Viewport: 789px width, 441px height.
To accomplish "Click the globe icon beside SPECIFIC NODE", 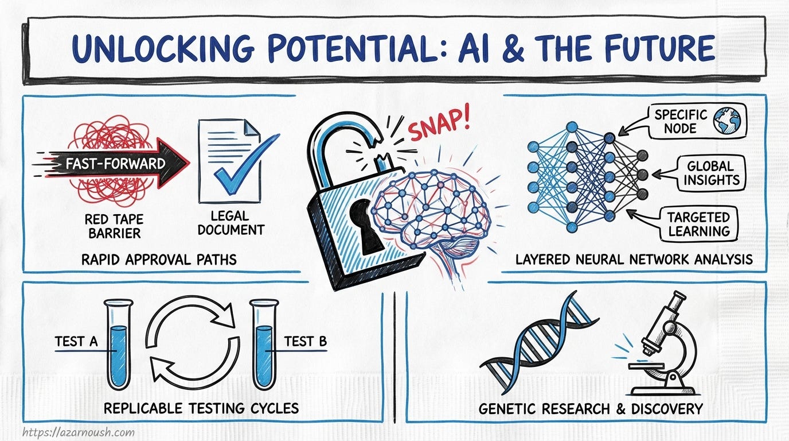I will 727,121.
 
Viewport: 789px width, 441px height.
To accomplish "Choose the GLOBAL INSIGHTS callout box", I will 709,173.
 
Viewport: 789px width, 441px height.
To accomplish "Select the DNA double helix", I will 540,345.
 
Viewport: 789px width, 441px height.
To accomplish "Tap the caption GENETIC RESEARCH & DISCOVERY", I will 591,409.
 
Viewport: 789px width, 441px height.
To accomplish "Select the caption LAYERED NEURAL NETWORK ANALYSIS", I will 634,260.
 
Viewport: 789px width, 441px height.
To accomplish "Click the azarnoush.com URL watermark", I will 79,432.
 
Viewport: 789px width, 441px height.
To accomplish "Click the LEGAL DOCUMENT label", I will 231,223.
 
